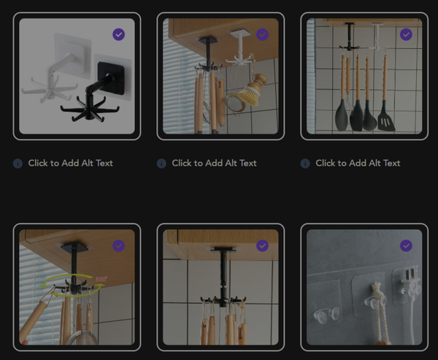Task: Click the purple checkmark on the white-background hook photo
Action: coord(119,34)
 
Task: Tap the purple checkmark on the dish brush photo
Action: coord(262,34)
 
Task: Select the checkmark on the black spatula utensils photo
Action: coord(406,34)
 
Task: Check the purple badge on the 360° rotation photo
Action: coord(119,245)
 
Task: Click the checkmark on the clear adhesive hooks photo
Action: coord(406,245)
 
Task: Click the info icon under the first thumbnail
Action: coord(18,164)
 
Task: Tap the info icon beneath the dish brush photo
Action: coord(161,164)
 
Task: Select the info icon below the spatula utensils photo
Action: coord(305,164)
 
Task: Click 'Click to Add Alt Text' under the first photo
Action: coord(70,163)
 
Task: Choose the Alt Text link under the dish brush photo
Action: coord(214,163)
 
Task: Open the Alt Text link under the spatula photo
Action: coord(358,163)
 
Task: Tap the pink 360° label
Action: coord(101,279)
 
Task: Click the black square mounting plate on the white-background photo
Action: coord(111,77)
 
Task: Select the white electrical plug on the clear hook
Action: coord(410,284)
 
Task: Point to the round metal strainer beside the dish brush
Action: coord(235,104)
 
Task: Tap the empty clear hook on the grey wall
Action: coord(326,314)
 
